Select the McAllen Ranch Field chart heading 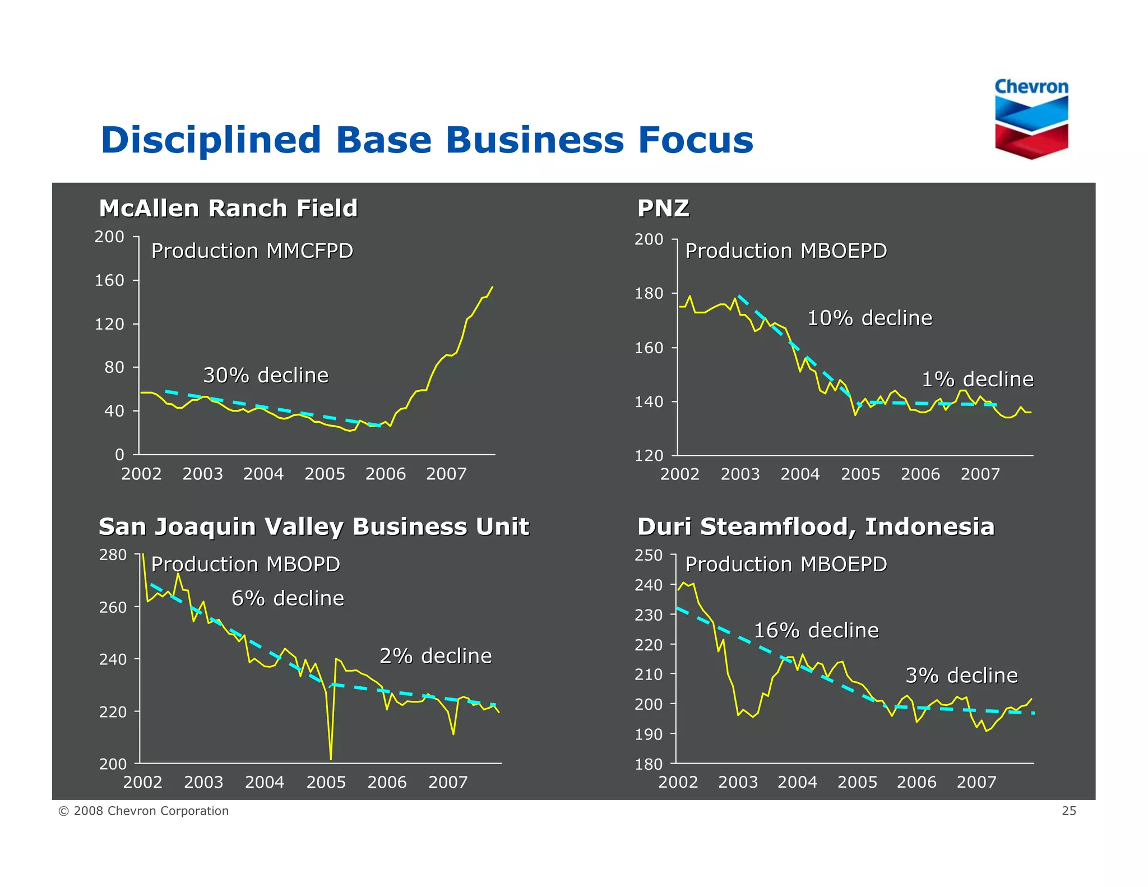tap(228, 208)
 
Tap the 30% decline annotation tap(266, 375)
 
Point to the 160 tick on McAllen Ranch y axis tap(109, 280)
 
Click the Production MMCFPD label tap(252, 251)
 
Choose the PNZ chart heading tap(663, 208)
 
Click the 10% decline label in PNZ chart tap(869, 318)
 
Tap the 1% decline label tap(977, 380)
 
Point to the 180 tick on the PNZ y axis tap(649, 293)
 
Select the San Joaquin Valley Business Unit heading tap(313, 526)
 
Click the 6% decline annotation tap(288, 598)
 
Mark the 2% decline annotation tap(436, 656)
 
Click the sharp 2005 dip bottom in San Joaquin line tap(331, 758)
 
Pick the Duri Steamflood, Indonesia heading tap(816, 526)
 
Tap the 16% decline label tap(816, 630)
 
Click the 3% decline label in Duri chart tap(961, 676)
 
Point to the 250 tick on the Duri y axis tap(649, 555)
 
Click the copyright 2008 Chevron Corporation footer tap(143, 811)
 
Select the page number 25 tap(1068, 811)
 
